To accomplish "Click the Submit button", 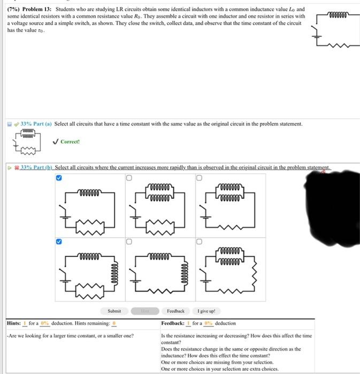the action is [x=114, y=311].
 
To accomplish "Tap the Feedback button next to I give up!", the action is [x=175, y=311].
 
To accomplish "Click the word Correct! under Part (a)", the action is [x=70, y=142].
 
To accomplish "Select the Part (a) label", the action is [x=41, y=124].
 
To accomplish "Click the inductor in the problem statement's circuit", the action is [x=336, y=15].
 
